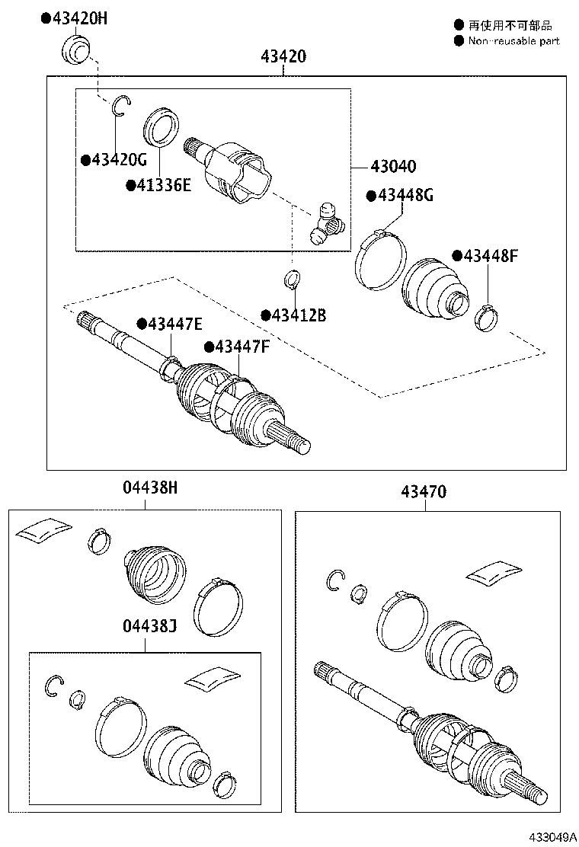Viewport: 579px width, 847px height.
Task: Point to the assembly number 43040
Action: click(x=393, y=167)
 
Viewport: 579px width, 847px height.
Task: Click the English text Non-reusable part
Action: click(x=513, y=41)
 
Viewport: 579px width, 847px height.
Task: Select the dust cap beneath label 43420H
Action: click(x=75, y=50)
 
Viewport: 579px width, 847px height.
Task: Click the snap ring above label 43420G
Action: click(x=121, y=106)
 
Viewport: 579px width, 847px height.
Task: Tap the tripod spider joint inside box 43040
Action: click(x=326, y=222)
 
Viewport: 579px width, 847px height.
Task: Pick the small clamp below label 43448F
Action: click(x=485, y=317)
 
